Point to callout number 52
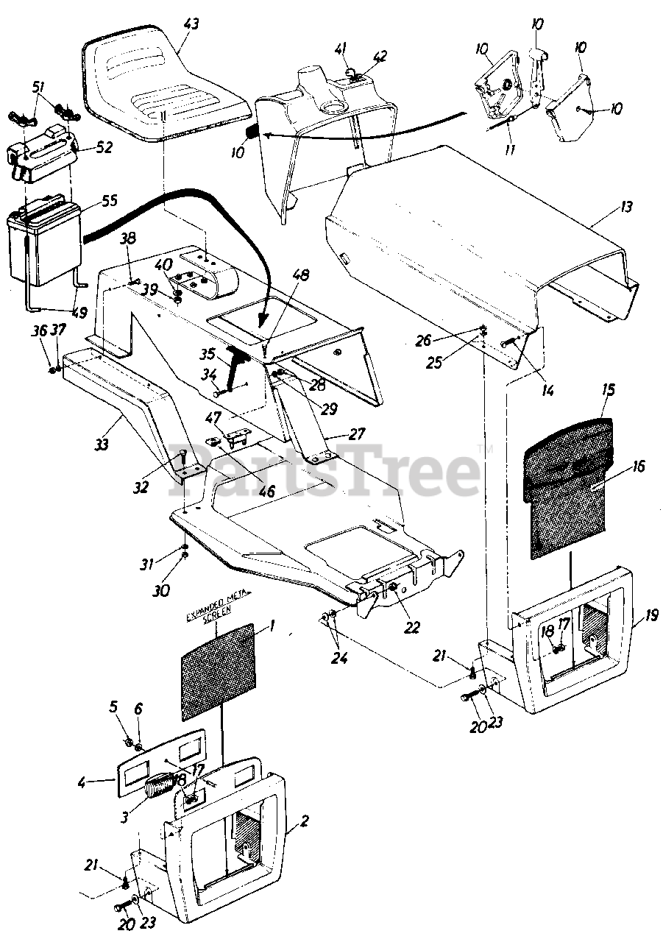[x=104, y=147]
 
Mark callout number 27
[x=357, y=434]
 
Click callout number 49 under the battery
[x=78, y=312]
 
